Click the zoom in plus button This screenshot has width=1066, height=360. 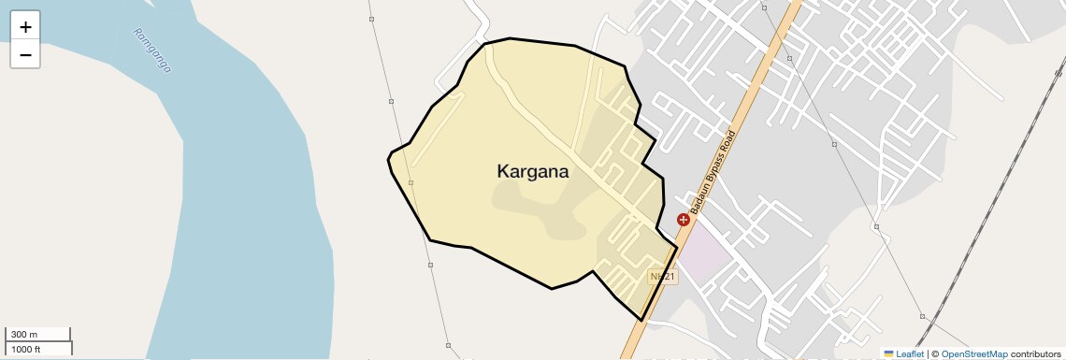25,27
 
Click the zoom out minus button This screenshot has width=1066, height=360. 25,55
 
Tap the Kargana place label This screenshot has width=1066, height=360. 533,172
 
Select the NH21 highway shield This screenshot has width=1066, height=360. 663,277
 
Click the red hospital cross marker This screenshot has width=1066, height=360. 684,220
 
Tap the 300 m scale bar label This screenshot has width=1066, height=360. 24,335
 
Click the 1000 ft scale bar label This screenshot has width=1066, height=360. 26,349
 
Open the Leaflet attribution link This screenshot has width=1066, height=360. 909,353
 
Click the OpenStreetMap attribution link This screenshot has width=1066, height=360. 974,353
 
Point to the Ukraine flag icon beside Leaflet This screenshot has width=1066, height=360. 888,353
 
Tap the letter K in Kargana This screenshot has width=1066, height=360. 503,172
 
